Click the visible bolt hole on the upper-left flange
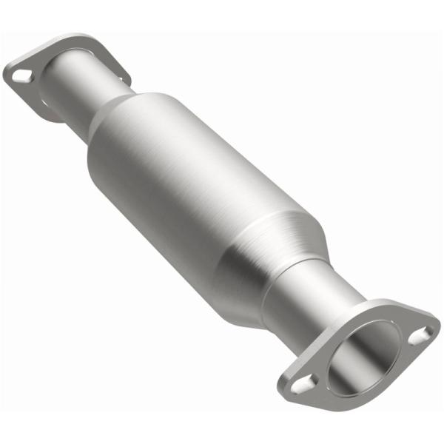coord(23,74)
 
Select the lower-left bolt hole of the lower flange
coord(304,383)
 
